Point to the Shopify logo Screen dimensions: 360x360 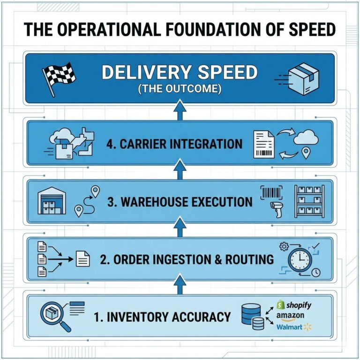(293, 305)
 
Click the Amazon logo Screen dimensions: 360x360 (290, 316)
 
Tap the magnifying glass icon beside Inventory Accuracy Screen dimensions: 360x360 (54, 315)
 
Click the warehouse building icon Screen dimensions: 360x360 (52, 202)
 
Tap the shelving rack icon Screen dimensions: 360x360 (309, 202)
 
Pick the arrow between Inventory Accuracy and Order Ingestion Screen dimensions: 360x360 (180, 284)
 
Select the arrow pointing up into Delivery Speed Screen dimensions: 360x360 (180, 110)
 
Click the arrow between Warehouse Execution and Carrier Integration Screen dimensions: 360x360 (180, 170)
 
